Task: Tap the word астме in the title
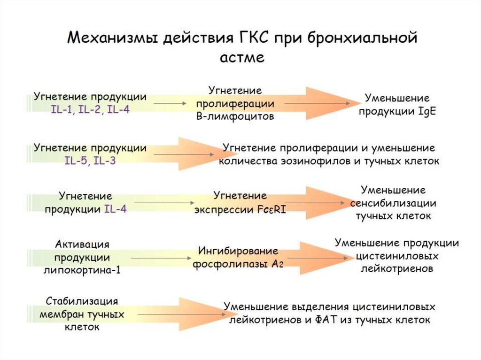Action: (242, 58)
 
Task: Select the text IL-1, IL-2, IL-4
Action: (90, 109)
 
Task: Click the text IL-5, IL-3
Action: (90, 161)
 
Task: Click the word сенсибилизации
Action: (393, 204)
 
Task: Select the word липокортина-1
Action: (82, 270)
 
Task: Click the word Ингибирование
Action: (239, 251)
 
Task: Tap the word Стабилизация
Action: (82, 300)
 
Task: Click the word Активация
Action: (82, 244)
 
